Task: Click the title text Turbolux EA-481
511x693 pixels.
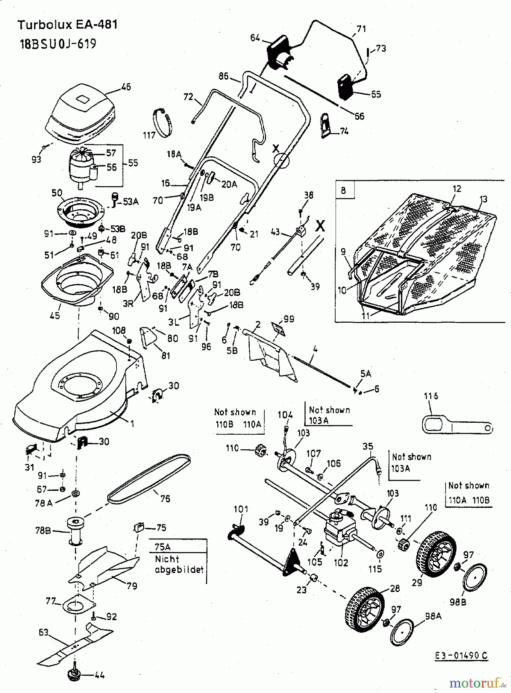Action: pos(67,25)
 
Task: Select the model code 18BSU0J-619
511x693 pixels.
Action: pos(58,44)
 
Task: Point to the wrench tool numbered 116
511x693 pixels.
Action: pos(455,426)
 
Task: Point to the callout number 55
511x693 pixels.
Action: pos(133,163)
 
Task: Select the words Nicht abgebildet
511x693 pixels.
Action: pos(179,564)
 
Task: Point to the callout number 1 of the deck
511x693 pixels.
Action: pos(132,423)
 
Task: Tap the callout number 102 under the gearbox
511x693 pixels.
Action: pos(341,562)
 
